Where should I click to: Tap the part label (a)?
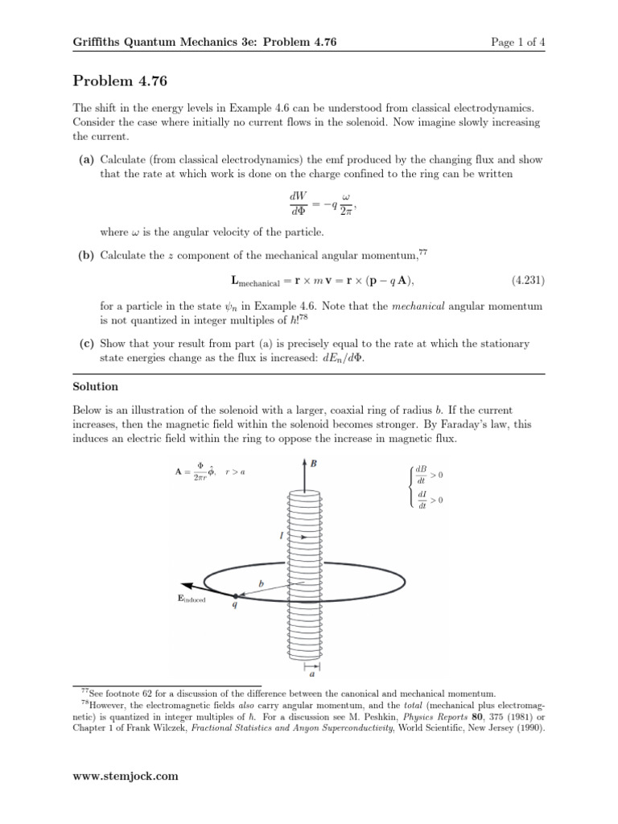pyautogui.click(x=87, y=160)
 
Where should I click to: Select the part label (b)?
pyautogui.click(x=87, y=255)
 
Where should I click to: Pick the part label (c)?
pyautogui.click(x=87, y=344)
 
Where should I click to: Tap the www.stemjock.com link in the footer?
pyautogui.click(x=126, y=777)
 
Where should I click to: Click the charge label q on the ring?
pyautogui.click(x=234, y=608)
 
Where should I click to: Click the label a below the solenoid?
pyautogui.click(x=311, y=676)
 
